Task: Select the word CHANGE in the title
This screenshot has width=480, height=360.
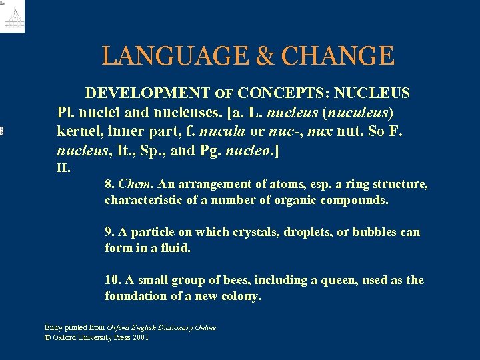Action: pyautogui.click(x=338, y=56)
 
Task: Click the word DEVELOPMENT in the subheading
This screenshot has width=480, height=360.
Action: pyautogui.click(x=147, y=93)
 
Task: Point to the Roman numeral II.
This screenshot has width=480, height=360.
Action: pyautogui.click(x=63, y=168)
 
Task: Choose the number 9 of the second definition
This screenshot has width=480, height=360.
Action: pyautogui.click(x=109, y=232)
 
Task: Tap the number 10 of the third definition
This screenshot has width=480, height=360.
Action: pyautogui.click(x=111, y=280)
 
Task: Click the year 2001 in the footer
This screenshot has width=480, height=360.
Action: pyautogui.click(x=140, y=337)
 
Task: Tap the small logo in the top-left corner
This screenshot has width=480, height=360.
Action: pyautogui.click(x=13, y=16)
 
